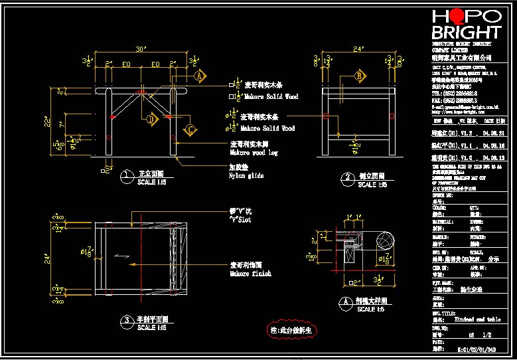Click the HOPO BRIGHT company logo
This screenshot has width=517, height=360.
pyautogui.click(x=466, y=25)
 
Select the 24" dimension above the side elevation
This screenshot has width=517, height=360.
pyautogui.click(x=358, y=49)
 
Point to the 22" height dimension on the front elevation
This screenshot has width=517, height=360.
pyautogui.click(x=48, y=122)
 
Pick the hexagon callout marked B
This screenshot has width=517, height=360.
pyautogui.click(x=360, y=76)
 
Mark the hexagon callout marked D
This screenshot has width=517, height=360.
pyautogui.click(x=151, y=120)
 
